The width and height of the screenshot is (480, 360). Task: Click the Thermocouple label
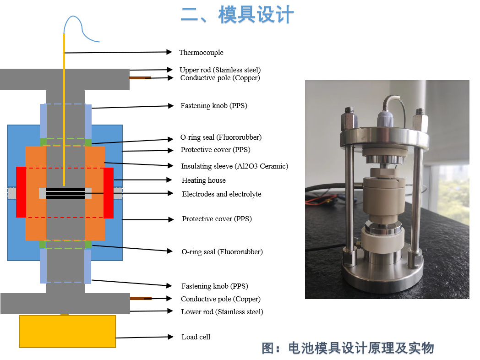[201, 53]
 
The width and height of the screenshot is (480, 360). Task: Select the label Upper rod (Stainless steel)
[220, 70]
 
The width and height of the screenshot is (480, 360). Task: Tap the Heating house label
[203, 180]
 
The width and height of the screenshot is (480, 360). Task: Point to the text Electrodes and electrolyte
[222, 194]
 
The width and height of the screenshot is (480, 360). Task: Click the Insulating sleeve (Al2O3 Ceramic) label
[235, 166]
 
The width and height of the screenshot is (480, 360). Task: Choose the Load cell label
[196, 337]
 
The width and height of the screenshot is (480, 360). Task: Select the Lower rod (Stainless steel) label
[222, 311]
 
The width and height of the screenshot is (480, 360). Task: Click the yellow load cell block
[67, 332]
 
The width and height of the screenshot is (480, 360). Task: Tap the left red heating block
[21, 192]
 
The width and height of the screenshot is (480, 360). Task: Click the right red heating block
[109, 193]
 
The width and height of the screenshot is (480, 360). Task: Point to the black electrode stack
[65, 193]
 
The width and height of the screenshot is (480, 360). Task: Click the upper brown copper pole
[140, 78]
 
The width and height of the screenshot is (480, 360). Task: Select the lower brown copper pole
[141, 298]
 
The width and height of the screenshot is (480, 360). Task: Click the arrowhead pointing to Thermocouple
[169, 52]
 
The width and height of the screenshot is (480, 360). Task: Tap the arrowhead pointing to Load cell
[171, 337]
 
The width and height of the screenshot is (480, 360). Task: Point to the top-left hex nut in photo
[349, 119]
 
